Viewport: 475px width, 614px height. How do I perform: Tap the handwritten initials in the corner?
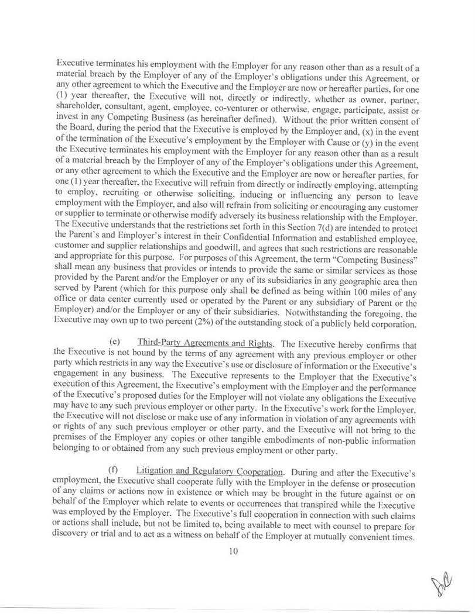coord(444,583)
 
